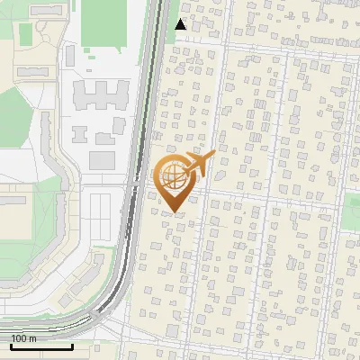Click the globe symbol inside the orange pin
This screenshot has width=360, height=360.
[x=171, y=175]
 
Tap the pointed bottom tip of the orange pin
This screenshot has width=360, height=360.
[x=172, y=211]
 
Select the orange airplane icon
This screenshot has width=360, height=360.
[x=196, y=165]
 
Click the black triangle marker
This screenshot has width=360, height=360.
[x=181, y=24]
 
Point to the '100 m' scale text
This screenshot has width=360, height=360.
[x=23, y=338]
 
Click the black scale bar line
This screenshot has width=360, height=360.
[x=41, y=346]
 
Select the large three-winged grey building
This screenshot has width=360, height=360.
[x=100, y=95]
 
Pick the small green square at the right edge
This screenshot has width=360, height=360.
[x=351, y=211]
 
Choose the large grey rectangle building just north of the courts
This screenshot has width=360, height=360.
[x=102, y=161]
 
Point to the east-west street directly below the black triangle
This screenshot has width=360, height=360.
[x=270, y=45]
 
